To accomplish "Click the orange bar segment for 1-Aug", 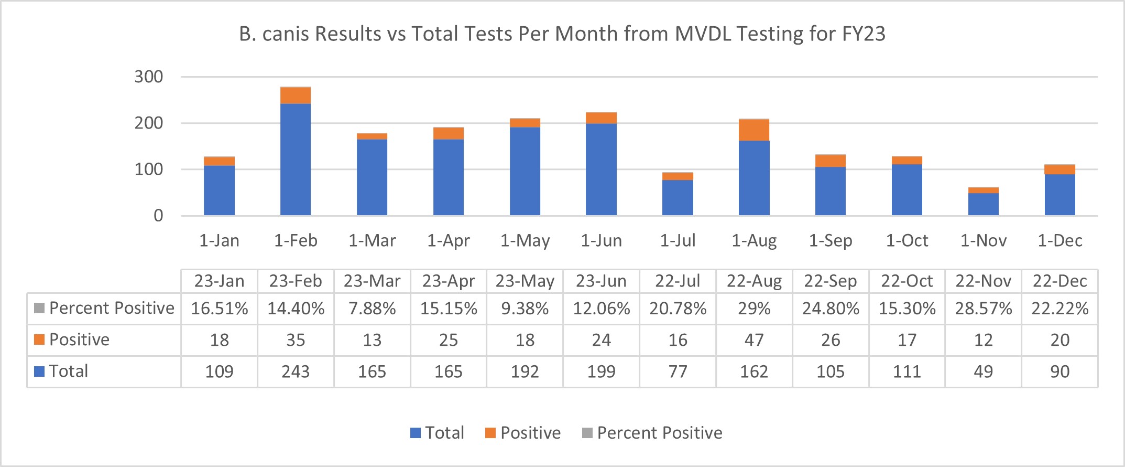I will (x=754, y=130).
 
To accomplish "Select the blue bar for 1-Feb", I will (x=296, y=160).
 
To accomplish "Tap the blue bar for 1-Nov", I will (x=983, y=204).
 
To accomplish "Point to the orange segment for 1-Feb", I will (x=296, y=95).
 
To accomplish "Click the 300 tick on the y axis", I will (x=149, y=77).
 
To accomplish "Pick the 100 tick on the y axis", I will (x=149, y=169).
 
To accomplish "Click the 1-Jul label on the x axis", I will (x=678, y=241).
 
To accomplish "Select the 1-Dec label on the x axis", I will (x=1060, y=241).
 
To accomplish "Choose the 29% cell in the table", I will (x=754, y=309).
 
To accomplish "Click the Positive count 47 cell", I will (x=754, y=340).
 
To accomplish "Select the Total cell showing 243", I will (x=296, y=372).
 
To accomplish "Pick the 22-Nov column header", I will (x=983, y=281).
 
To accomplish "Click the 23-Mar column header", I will (x=372, y=281).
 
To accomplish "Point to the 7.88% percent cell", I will (x=372, y=309).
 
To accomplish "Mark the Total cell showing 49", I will (x=983, y=372).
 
